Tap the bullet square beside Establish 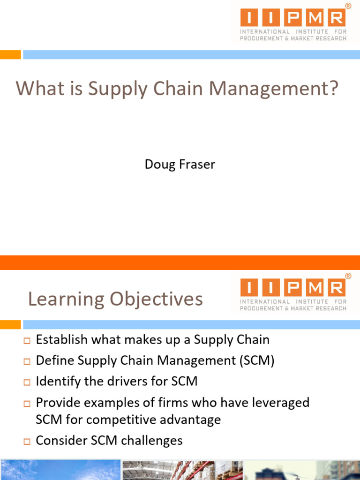[27, 340]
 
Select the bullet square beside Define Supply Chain [27, 361]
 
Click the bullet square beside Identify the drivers [27, 382]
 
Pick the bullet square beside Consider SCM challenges [27, 441]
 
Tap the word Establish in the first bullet [61, 340]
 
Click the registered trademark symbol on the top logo [348, 6]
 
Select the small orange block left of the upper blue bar [10, 55]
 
